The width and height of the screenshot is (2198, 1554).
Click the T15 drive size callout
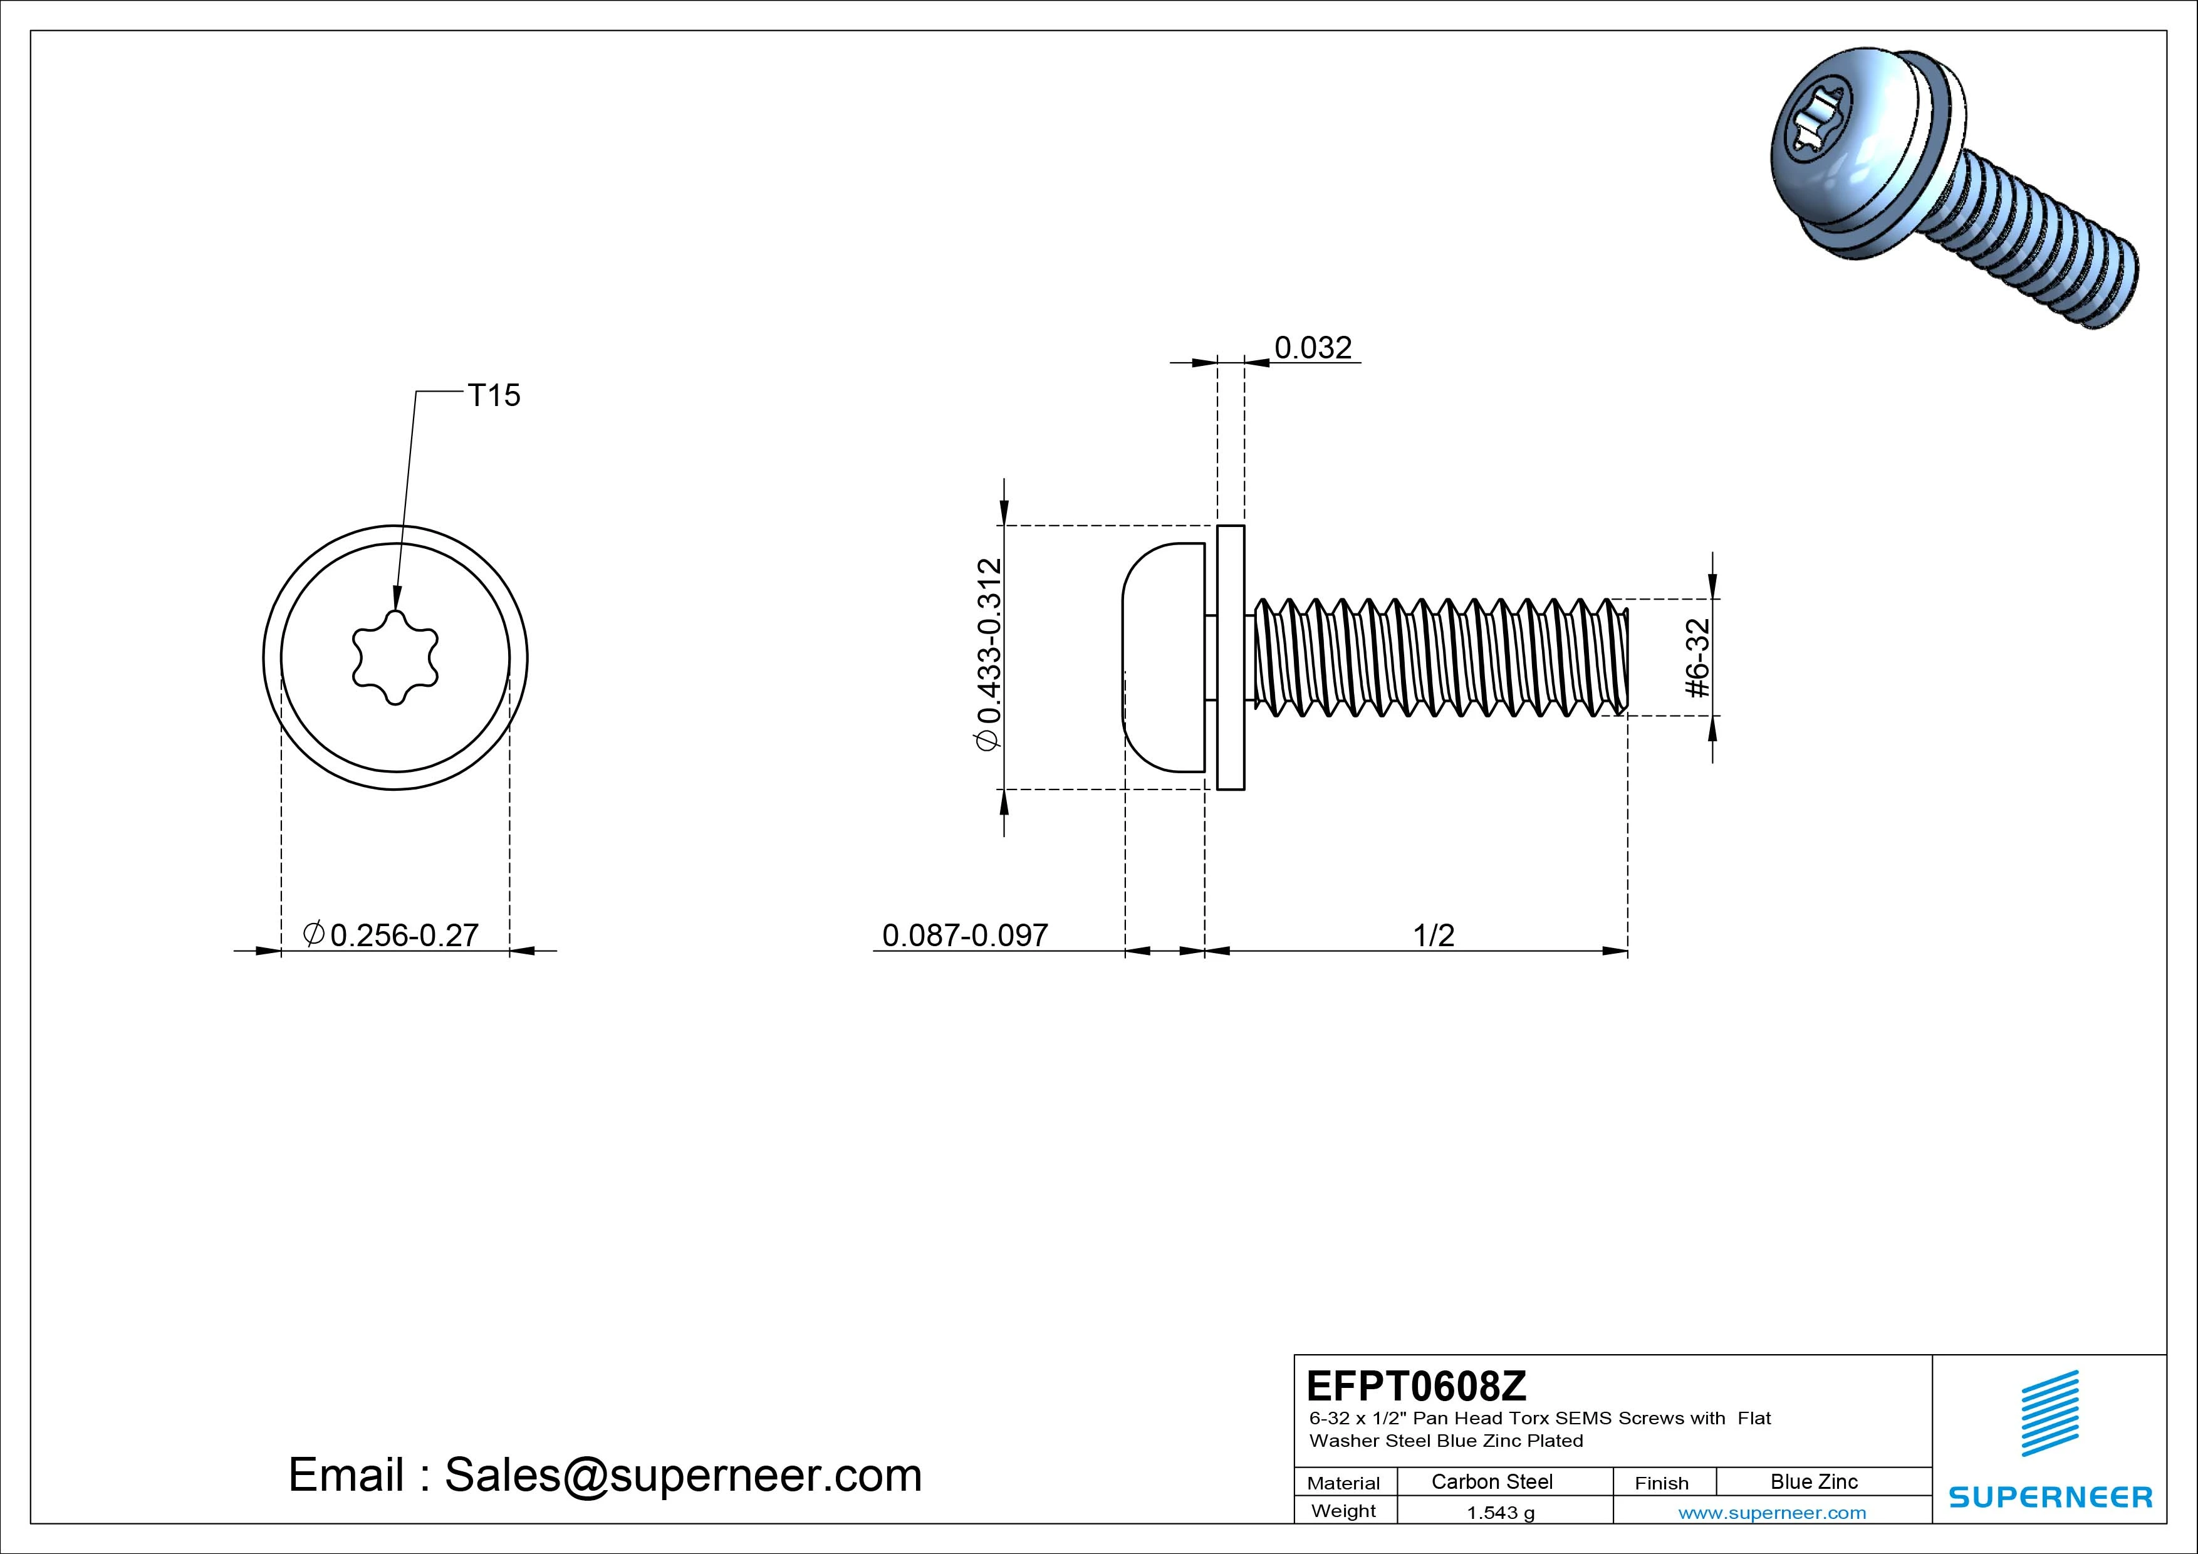[494, 395]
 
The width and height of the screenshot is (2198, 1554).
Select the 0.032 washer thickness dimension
[1313, 348]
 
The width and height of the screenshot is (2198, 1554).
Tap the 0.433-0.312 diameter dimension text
[989, 655]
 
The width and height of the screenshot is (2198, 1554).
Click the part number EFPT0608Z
[1417, 1385]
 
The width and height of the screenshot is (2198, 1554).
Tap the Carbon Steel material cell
[1491, 1481]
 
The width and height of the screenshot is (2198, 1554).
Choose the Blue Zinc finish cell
[1814, 1481]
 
